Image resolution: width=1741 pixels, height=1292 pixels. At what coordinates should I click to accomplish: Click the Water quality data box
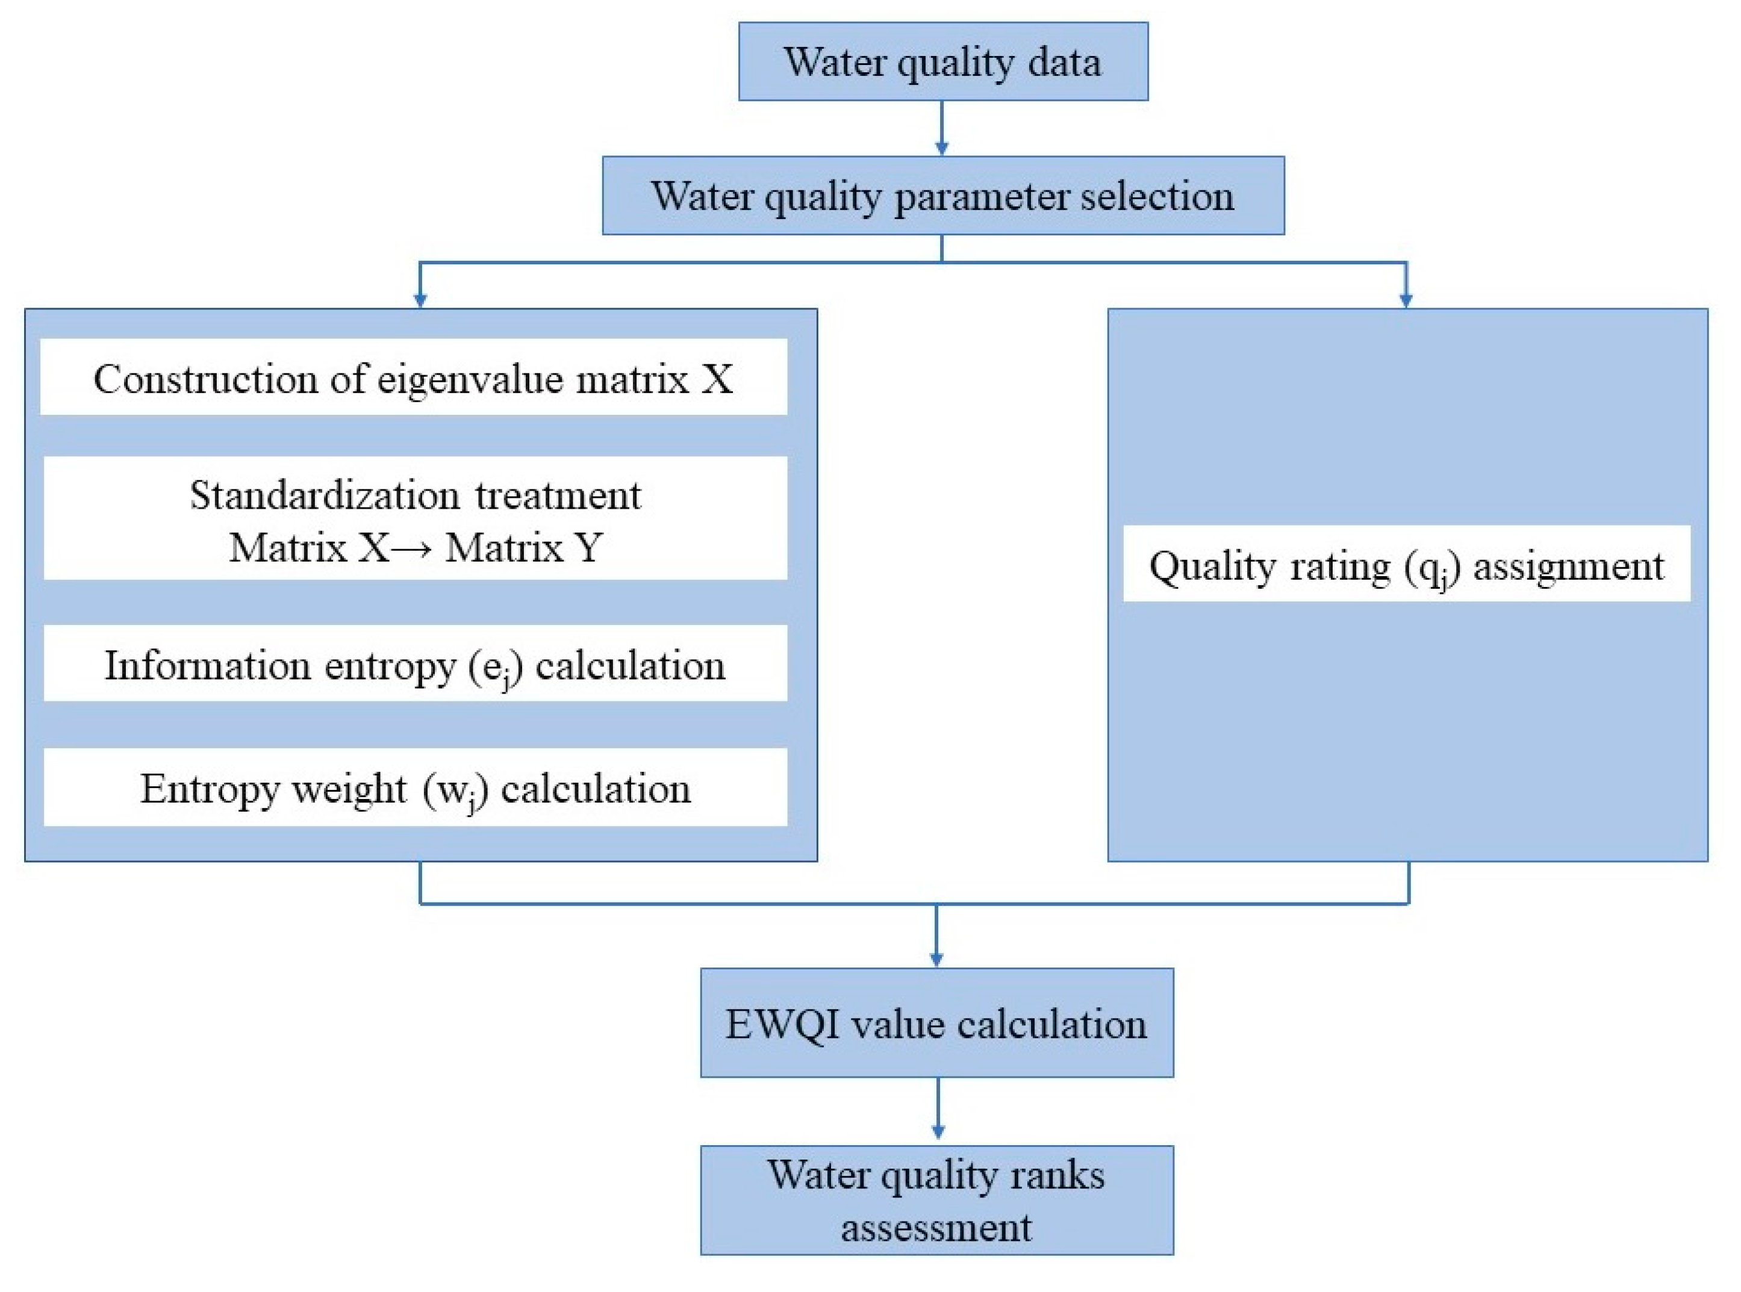(942, 61)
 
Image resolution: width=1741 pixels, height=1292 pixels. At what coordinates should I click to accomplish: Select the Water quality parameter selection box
(942, 196)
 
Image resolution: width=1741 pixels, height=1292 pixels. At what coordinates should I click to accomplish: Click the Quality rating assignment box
(1406, 565)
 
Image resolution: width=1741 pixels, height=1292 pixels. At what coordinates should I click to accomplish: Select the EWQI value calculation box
(936, 1023)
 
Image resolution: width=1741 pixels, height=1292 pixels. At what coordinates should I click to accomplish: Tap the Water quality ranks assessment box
(936, 1200)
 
